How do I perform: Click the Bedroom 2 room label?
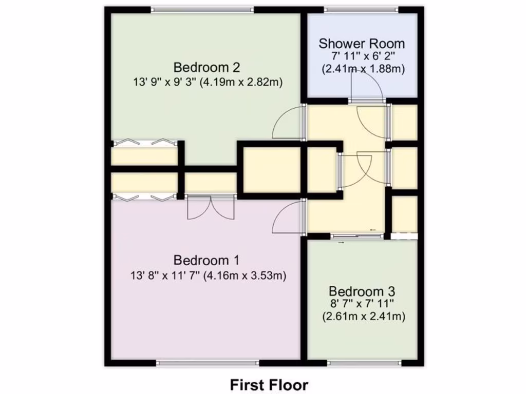[207, 67]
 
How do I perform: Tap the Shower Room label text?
[362, 44]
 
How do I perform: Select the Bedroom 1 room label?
[207, 260]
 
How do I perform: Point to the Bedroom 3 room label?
[363, 291]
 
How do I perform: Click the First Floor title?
[269, 384]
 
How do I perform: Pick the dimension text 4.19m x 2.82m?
[243, 82]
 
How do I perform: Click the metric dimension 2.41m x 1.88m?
[363, 68]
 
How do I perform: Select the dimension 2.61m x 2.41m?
[364, 317]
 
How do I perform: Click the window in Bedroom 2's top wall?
[202, 9]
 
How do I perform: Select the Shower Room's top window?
[362, 9]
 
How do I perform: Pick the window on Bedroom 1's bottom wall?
[208, 363]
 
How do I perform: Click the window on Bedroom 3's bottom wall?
[364, 363]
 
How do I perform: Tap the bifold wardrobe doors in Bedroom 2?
[145, 143]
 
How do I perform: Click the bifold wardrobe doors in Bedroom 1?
[145, 196]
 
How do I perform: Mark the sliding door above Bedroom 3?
[357, 235]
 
